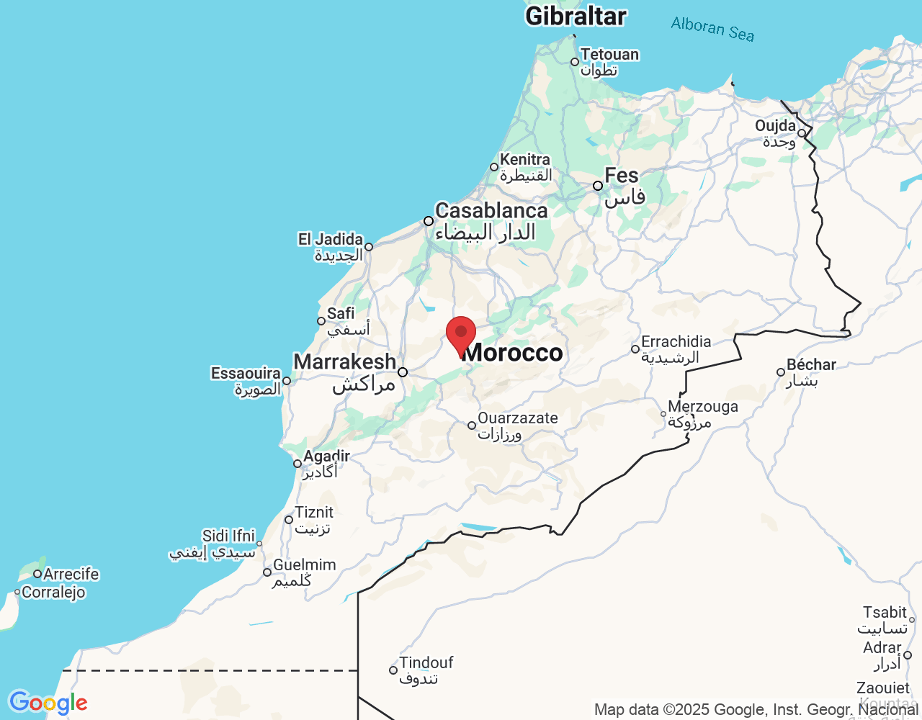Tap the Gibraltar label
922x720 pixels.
tap(576, 16)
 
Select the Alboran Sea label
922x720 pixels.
tap(712, 29)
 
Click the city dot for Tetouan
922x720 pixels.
tap(575, 62)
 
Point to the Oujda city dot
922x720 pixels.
tap(801, 133)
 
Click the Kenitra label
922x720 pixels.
tap(525, 160)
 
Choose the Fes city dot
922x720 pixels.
tap(598, 186)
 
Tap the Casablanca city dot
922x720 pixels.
tap(429, 221)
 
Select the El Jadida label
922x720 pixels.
tap(331, 239)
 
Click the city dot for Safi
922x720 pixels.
tap(321, 321)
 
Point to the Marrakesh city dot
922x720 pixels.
tap(403, 372)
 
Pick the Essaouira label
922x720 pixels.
tap(246, 373)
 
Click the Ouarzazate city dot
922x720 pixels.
tap(472, 426)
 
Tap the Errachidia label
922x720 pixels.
tap(676, 342)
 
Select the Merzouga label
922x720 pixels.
tap(703, 407)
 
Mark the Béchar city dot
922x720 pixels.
tap(781, 372)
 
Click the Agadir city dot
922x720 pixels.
tap(297, 464)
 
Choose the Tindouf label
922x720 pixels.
tap(426, 662)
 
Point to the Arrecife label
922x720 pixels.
tap(71, 574)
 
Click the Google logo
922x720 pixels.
tap(48, 703)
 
